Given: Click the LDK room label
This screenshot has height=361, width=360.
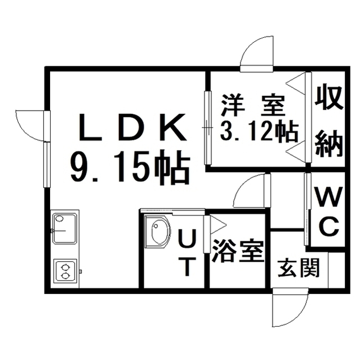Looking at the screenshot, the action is pos(132,127).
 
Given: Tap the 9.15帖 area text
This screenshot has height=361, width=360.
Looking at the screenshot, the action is pos(130,166).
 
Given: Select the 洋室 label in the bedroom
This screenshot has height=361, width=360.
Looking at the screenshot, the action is pos(253,105).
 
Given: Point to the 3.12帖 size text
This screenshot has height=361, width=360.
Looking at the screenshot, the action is pos(259,131).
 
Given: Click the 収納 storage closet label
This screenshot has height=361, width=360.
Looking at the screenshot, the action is pos(329,122).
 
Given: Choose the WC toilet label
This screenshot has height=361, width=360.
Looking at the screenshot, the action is pos(327,212).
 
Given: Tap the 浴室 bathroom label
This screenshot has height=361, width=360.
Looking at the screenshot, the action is pos(238,251).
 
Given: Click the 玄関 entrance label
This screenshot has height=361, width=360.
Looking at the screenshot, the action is pos(299,268).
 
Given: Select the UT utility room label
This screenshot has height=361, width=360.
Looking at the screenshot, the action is pos(186,253).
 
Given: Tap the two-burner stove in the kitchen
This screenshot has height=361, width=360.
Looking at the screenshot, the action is pos(65,271).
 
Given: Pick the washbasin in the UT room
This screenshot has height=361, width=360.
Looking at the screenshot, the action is pos(158,231).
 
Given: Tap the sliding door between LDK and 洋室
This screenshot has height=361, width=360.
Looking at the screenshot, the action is pos(208,128).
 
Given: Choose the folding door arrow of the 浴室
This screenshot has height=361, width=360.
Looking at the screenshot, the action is pos(217,224).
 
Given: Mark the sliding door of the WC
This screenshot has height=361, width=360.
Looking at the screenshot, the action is pos(308,209).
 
